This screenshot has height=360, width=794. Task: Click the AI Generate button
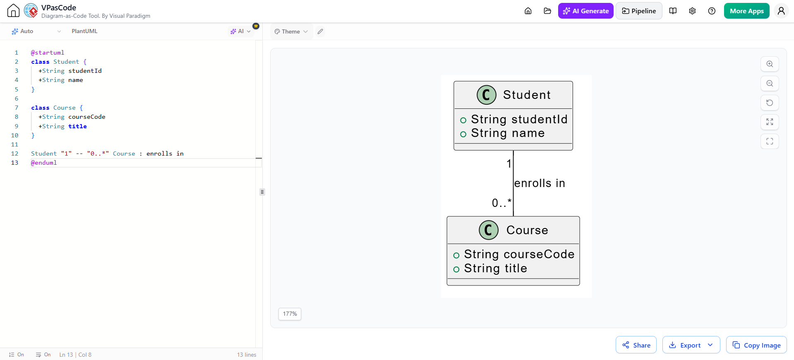[x=585, y=11]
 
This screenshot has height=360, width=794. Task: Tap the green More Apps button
[x=746, y=11]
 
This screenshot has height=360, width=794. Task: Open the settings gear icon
[x=692, y=11]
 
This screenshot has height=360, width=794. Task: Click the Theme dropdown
[x=291, y=31]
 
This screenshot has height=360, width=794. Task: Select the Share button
[x=636, y=345]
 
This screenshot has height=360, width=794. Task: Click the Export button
[x=691, y=345]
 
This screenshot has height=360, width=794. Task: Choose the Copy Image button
[x=756, y=345]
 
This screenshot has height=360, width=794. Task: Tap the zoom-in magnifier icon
[x=770, y=64]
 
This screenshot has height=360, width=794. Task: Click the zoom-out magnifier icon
[x=770, y=84]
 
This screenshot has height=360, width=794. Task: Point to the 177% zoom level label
[x=290, y=314]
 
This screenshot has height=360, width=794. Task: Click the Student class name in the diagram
[x=527, y=95]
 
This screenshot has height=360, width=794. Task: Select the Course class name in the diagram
[x=527, y=230]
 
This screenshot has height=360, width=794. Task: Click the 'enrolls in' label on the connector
[x=540, y=183]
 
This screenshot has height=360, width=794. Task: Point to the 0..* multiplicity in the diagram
[x=501, y=203]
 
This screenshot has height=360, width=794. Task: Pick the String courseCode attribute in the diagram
[x=519, y=254]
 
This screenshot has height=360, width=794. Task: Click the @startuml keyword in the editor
[x=48, y=53]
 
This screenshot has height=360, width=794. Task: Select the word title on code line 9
[x=78, y=126]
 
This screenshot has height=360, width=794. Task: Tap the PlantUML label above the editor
[x=84, y=31]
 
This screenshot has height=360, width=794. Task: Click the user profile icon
[x=781, y=11]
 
